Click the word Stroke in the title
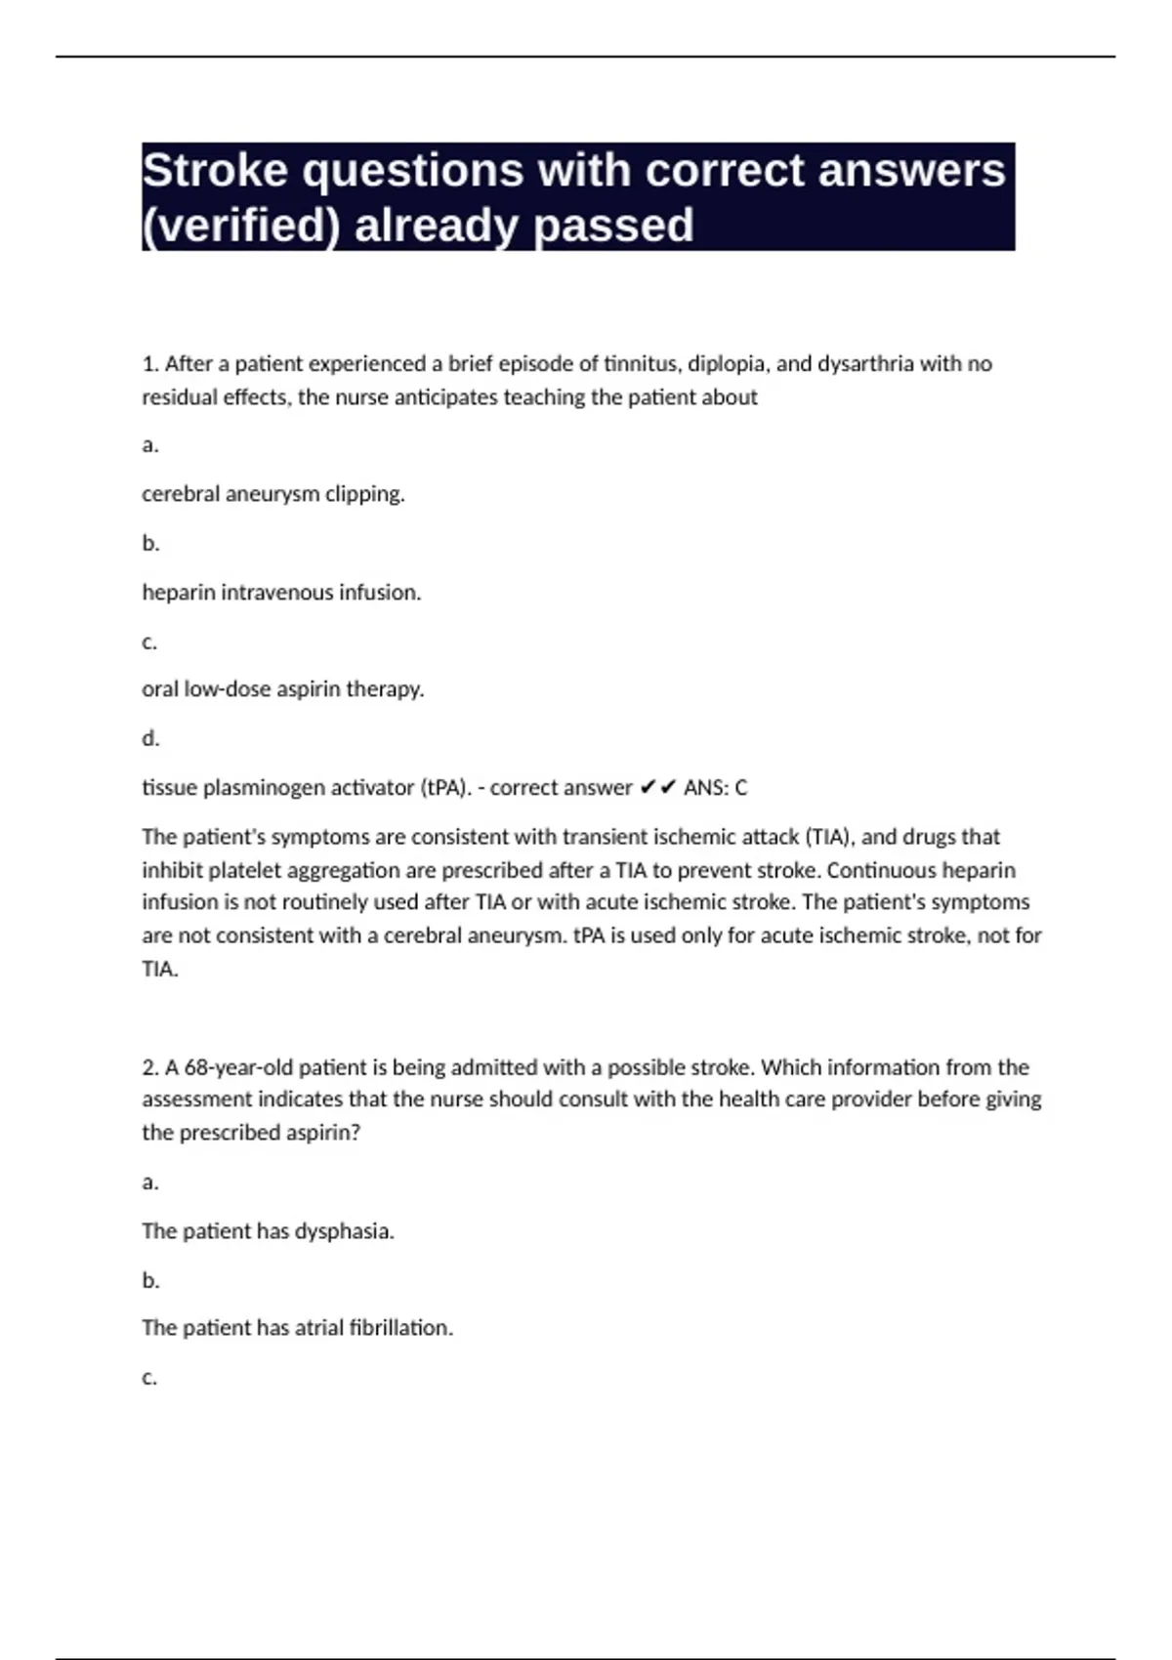point(215,171)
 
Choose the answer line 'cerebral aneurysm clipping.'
point(273,494)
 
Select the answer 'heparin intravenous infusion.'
point(281,593)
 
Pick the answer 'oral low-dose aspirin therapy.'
point(283,689)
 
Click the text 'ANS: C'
point(715,788)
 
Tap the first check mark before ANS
point(648,788)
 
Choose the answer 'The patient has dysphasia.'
point(268,1231)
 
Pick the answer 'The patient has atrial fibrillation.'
point(297,1328)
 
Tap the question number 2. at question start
point(150,1067)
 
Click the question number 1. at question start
point(150,364)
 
